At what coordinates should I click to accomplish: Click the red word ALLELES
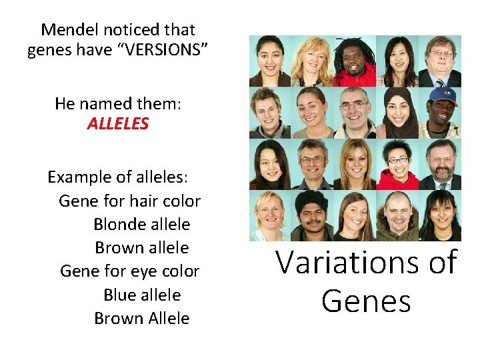point(118,124)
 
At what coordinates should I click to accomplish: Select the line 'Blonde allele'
point(142,224)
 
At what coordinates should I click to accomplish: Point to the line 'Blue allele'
point(142,295)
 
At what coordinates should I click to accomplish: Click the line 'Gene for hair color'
point(129,201)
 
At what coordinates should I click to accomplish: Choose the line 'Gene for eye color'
point(129,271)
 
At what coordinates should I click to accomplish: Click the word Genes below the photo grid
point(366,301)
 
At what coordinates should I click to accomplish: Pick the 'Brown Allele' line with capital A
point(142,318)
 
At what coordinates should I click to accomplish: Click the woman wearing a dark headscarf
point(398,112)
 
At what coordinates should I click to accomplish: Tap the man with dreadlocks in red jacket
point(355,61)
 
